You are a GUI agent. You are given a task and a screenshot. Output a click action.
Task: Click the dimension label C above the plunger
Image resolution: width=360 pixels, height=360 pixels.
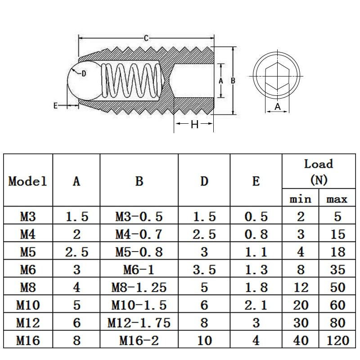coord(146,38)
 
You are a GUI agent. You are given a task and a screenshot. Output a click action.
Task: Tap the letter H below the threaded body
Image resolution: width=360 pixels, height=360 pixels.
coord(194,125)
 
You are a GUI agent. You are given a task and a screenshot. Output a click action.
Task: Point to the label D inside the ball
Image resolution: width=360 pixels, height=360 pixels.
coord(83,74)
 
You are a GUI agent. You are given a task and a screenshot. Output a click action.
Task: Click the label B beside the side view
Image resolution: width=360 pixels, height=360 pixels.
coord(233,81)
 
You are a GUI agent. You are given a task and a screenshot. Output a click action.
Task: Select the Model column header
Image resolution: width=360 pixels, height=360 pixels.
coord(28,181)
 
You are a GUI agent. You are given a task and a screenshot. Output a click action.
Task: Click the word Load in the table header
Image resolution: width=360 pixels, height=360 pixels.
coord(319,164)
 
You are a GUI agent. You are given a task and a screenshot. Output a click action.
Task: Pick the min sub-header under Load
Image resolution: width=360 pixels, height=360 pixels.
coord(300,198)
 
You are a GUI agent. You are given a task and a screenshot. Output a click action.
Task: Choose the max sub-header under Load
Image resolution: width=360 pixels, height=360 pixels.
coord(337,198)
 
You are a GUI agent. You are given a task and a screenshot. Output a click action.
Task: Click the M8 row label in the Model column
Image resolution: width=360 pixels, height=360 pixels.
coord(28,287)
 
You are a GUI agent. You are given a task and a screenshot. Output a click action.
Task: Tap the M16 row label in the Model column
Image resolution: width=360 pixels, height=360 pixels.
coord(28,340)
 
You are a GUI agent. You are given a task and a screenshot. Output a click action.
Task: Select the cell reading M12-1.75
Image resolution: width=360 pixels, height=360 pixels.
coord(139,323)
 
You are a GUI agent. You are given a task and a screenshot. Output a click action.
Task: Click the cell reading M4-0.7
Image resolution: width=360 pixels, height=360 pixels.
coord(139,234)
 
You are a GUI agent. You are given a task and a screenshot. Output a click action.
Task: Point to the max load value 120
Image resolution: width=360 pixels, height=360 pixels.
coord(337,340)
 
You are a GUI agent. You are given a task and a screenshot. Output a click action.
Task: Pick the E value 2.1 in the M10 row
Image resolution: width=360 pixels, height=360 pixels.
coord(256,305)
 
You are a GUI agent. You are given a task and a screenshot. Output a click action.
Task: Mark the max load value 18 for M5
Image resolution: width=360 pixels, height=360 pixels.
coord(337,252)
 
